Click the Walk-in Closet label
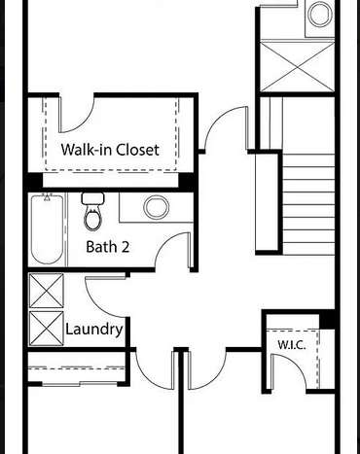coord(110,150)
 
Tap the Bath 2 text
coord(108,247)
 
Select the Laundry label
coord(94,330)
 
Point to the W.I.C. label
coord(292,345)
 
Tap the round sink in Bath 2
coord(157,207)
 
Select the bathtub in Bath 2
coord(47,229)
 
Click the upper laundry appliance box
coord(47,291)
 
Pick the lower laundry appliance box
coord(47,329)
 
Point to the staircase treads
coord(308,204)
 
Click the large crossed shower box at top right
coord(298,67)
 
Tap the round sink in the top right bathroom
coord(320,14)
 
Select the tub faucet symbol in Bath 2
coord(48,196)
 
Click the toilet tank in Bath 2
coord(93,198)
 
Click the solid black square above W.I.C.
coord(327,319)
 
